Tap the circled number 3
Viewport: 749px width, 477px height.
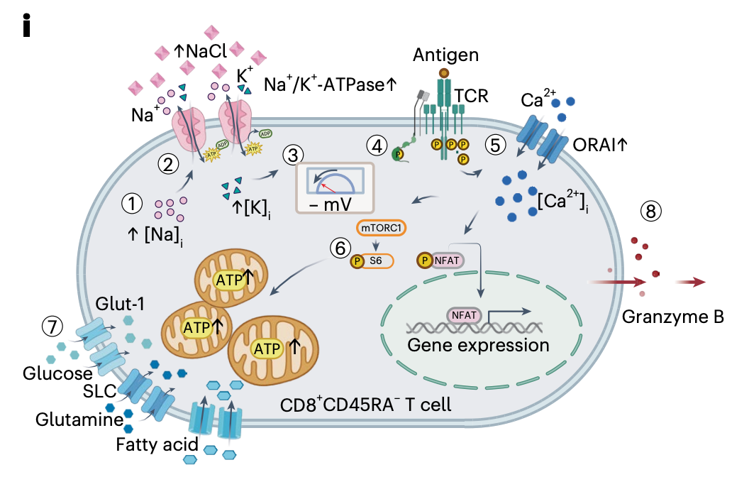[x=293, y=155]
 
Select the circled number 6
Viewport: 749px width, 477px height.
[x=340, y=248]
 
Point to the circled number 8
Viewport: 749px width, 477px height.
[x=651, y=211]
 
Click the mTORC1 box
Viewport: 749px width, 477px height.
[x=381, y=228]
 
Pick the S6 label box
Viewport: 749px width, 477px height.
[x=376, y=261]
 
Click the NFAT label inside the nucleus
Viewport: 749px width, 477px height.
[x=464, y=315]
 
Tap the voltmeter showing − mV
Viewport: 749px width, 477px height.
[x=335, y=188]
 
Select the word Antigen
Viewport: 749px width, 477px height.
[x=445, y=55]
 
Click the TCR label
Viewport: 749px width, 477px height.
[x=472, y=96]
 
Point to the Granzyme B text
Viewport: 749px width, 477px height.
[x=672, y=317]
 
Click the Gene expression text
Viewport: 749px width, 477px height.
[x=478, y=345]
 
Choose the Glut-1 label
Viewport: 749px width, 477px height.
[x=120, y=304]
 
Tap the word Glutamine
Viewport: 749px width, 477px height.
[x=79, y=420]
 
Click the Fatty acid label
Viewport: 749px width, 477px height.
[x=157, y=444]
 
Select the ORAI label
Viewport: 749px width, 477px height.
[x=599, y=144]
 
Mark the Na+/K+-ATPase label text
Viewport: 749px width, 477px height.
[x=330, y=84]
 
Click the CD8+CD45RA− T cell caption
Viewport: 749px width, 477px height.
[x=365, y=405]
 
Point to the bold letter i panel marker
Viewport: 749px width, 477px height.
[x=26, y=26]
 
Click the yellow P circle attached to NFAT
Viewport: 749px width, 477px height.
[x=424, y=261]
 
